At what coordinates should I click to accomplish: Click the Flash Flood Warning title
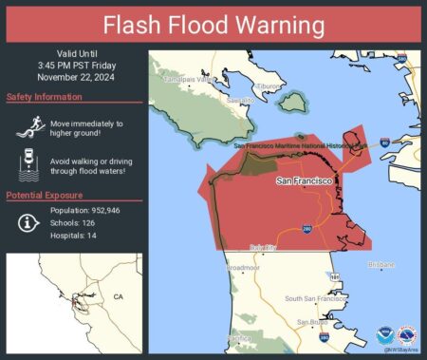tap(213, 24)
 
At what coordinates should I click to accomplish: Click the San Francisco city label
tap(306, 180)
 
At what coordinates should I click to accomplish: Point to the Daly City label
tap(263, 248)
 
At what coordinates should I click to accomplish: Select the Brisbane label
tap(381, 264)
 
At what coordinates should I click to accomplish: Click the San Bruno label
tap(312, 322)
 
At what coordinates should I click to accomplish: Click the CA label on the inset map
tap(118, 297)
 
